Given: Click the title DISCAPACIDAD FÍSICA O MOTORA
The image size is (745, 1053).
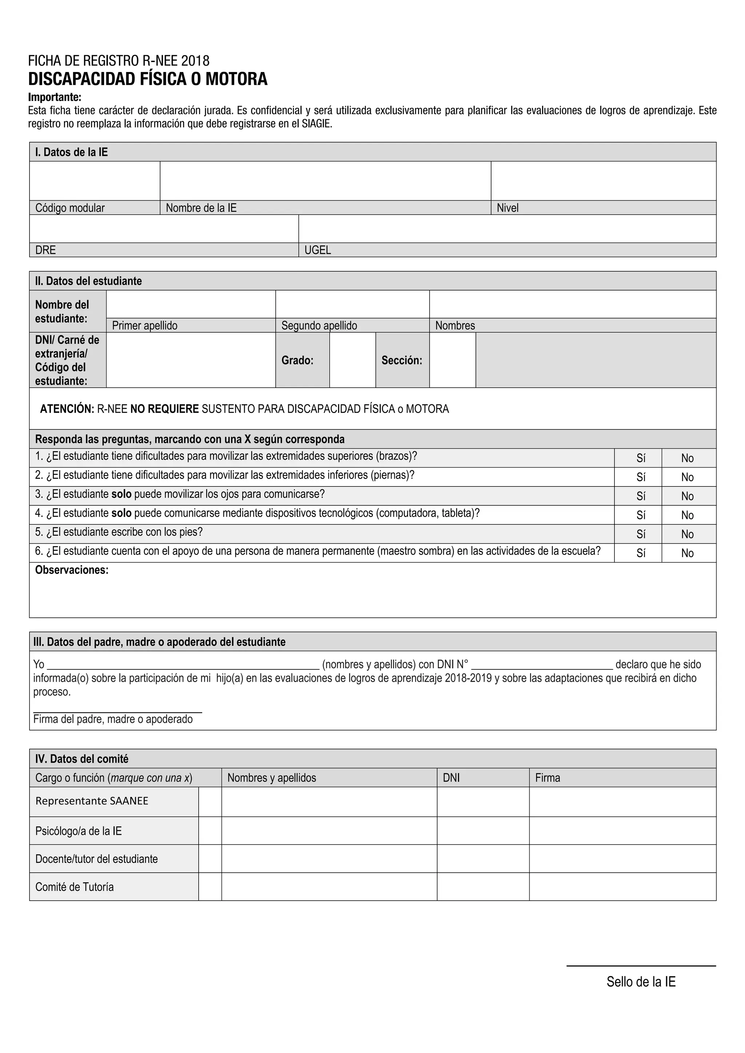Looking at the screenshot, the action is [x=147, y=79].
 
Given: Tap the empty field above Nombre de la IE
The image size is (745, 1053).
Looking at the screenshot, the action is [x=325, y=181].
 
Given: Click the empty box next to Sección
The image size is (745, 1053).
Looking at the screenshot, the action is [x=452, y=360].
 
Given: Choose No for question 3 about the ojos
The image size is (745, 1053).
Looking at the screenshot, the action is [x=687, y=496].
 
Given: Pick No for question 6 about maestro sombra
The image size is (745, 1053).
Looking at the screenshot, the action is [x=687, y=553].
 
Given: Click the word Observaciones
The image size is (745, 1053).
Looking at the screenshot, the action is [x=72, y=570].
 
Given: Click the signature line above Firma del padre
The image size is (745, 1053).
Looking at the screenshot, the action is [x=117, y=712].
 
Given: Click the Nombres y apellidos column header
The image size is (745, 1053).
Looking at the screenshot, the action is [x=272, y=778].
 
